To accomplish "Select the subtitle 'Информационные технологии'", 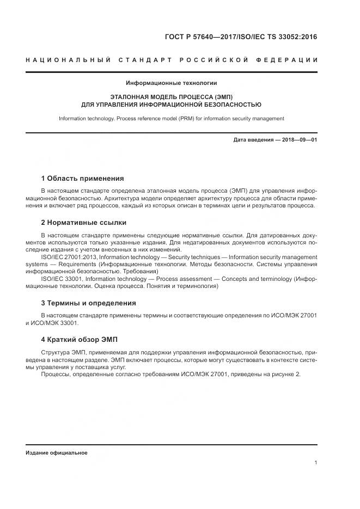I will point(172,83).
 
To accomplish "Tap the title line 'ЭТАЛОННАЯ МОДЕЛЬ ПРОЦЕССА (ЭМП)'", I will point(172,96).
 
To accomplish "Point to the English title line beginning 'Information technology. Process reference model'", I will point(172,118).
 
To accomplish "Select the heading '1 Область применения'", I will point(82,178).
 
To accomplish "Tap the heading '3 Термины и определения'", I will point(88,303).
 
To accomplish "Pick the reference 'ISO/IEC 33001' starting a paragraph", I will point(59,279).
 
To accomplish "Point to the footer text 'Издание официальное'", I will point(57,453).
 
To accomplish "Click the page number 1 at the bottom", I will point(316,463).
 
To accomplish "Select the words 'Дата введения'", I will point(253,140).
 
